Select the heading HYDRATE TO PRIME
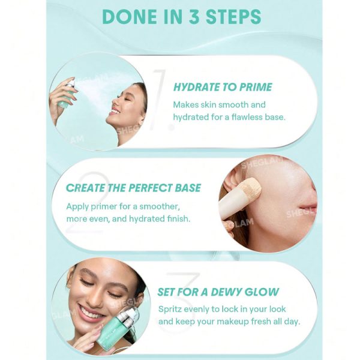(x=222, y=87)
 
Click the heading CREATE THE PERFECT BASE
(x=133, y=188)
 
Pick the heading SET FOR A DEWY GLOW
(x=218, y=292)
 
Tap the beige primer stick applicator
(x=240, y=198)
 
